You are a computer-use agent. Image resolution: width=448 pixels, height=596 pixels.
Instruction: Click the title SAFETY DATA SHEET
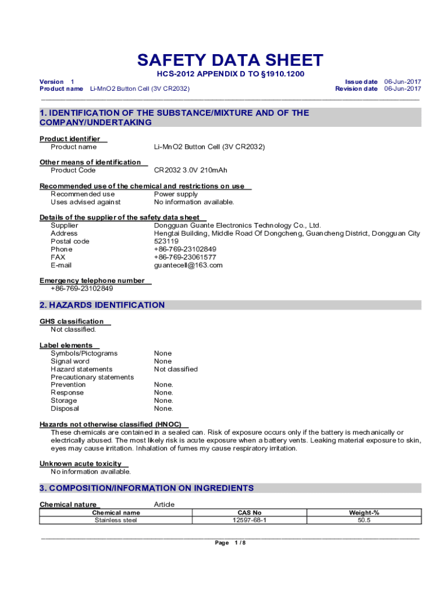(x=230, y=61)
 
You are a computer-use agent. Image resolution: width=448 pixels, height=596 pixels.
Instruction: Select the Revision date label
(x=356, y=89)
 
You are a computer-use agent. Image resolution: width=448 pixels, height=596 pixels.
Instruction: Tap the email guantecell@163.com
(x=188, y=265)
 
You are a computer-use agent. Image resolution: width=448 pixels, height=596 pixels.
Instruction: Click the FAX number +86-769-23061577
(x=185, y=257)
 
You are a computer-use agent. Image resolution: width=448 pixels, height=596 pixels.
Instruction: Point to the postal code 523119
(x=166, y=242)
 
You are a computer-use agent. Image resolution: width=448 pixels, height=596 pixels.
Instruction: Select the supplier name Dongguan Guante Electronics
(x=237, y=226)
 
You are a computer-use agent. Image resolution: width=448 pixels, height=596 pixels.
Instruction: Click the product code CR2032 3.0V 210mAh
(x=190, y=171)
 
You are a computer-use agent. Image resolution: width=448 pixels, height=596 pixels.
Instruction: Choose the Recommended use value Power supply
(x=176, y=194)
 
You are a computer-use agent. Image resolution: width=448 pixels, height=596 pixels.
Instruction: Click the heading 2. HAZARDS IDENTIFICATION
(x=102, y=305)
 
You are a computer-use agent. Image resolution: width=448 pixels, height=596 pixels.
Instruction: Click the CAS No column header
(x=250, y=513)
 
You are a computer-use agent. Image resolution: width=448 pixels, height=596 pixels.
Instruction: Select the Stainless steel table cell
(x=116, y=520)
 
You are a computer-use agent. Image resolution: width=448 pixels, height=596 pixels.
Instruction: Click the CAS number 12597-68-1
(x=250, y=520)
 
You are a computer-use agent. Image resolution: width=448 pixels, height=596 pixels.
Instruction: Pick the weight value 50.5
(x=364, y=520)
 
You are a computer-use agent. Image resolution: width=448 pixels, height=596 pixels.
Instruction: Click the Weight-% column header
(x=364, y=513)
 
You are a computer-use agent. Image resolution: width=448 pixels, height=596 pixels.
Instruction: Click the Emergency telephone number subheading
(x=92, y=281)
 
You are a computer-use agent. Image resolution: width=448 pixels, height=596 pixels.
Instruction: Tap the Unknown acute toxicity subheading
(x=80, y=464)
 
